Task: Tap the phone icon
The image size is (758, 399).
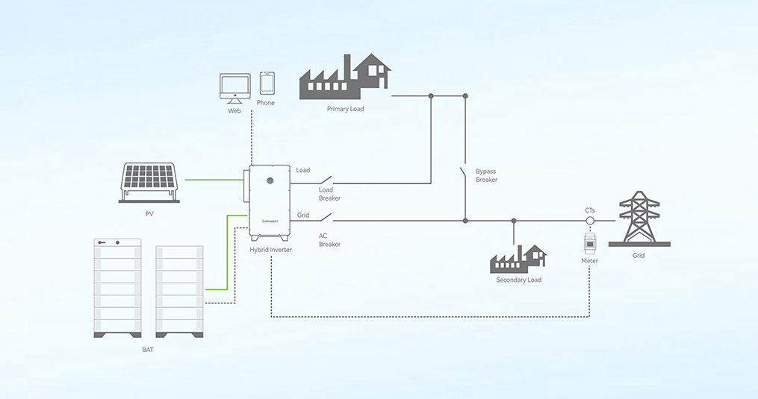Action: (267, 83)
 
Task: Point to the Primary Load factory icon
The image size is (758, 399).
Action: (346, 77)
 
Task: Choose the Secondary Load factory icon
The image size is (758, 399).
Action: (518, 259)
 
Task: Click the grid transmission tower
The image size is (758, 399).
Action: (639, 218)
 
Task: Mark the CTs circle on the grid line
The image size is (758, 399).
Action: (589, 221)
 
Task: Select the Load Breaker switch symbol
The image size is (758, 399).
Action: (325, 182)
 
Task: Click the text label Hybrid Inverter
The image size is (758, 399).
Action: (270, 250)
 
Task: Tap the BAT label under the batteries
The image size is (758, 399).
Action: (148, 348)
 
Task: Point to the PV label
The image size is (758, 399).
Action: (149, 214)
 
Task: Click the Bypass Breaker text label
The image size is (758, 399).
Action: (486, 175)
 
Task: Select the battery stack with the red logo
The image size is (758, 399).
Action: (117, 288)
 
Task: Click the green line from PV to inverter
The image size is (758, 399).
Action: (214, 180)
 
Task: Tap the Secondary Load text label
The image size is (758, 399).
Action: (518, 280)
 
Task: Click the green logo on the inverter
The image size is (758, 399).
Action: (270, 222)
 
